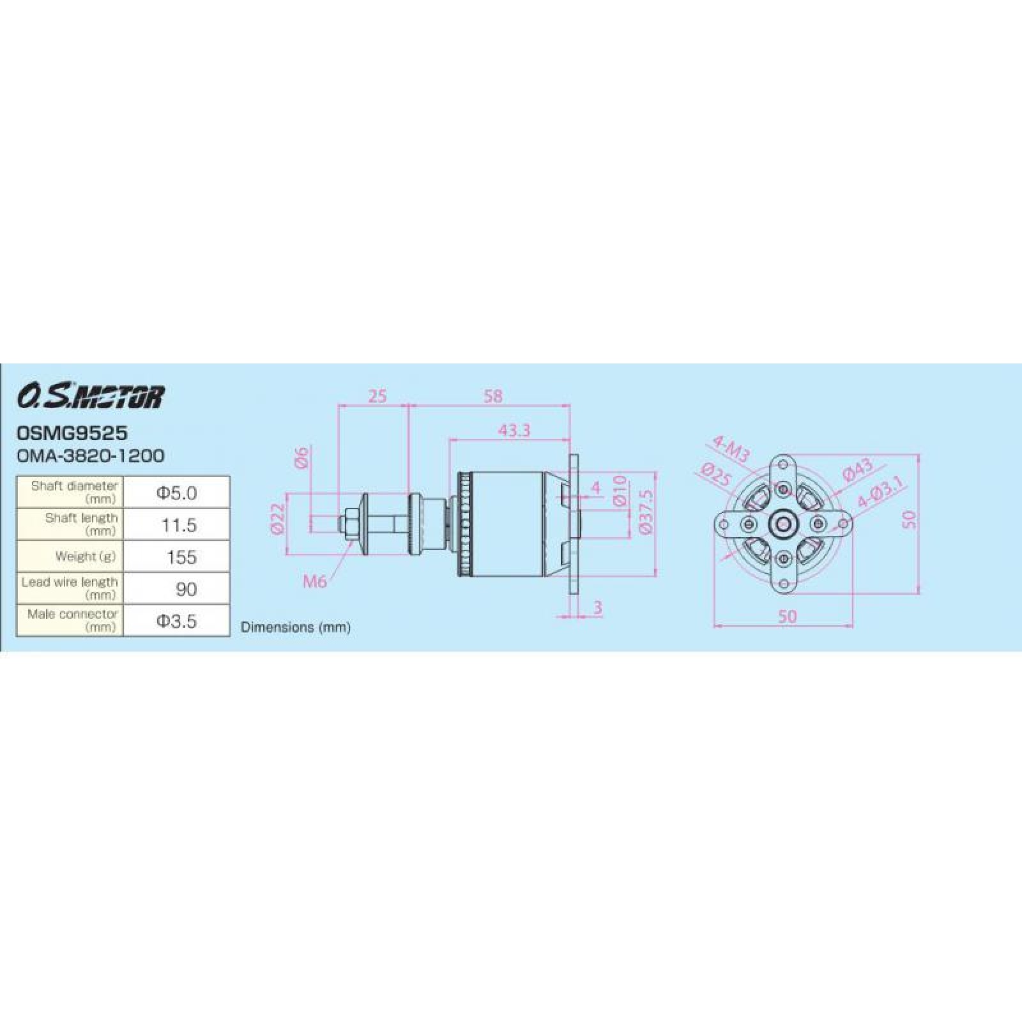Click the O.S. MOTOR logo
[90, 397]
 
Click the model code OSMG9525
[72, 433]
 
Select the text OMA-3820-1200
[90, 455]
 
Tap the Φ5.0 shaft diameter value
[176, 492]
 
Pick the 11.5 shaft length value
[178, 525]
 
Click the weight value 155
[181, 557]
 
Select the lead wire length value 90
[186, 589]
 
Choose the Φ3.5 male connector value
[176, 621]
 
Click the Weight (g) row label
[86, 556]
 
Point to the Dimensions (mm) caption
[295, 627]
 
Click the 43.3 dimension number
[514, 431]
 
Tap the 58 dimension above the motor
[493, 396]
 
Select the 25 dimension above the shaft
[378, 396]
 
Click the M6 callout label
[315, 581]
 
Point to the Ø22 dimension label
[277, 518]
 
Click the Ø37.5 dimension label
[646, 512]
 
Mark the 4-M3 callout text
[730, 450]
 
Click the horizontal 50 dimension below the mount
[788, 616]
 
